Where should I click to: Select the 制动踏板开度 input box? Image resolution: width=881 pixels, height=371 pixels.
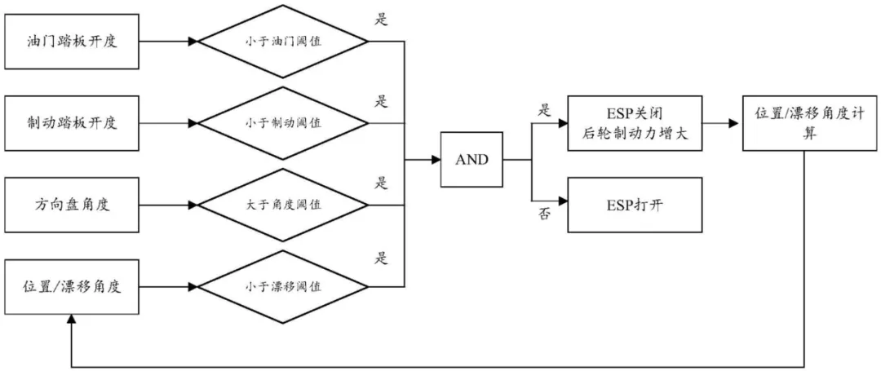72,123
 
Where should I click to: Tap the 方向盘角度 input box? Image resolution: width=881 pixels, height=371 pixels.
72,204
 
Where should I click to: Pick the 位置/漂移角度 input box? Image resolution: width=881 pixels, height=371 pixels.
72,286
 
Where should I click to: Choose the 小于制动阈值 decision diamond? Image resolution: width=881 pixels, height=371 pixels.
283,123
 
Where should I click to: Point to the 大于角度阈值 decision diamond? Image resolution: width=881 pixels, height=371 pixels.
283,204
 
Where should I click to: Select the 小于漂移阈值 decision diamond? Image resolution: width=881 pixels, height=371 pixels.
283,286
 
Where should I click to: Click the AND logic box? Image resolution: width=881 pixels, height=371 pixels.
471,160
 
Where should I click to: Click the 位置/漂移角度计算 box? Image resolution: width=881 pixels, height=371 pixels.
804,123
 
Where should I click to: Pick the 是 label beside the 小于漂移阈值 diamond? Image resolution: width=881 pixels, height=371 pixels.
381,258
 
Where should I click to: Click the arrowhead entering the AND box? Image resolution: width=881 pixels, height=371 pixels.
436,160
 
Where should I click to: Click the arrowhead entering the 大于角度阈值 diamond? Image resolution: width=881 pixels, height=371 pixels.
193,204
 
